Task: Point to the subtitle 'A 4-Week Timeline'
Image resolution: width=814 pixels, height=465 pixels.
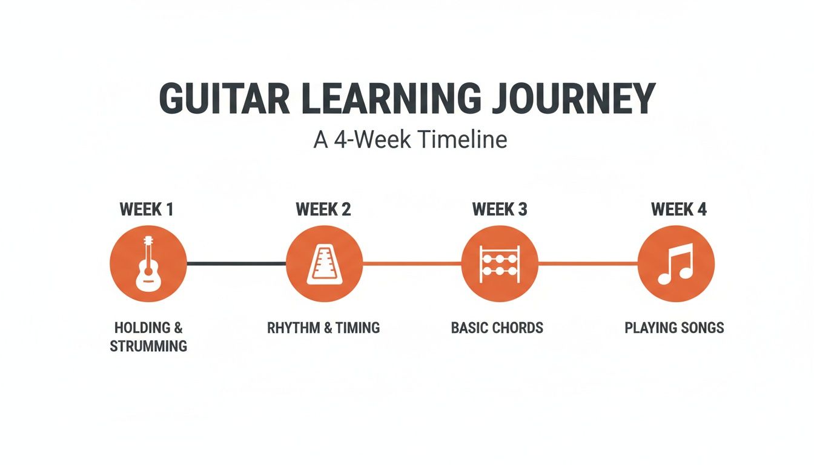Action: click(x=410, y=140)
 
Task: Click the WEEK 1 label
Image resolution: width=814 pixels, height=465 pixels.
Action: click(x=147, y=209)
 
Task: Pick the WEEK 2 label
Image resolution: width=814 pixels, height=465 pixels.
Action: click(x=323, y=209)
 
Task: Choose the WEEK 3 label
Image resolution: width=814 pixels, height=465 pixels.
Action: click(x=500, y=209)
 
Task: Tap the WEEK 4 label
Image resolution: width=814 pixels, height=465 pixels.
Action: click(x=678, y=209)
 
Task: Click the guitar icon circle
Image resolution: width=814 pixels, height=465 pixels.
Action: click(x=148, y=264)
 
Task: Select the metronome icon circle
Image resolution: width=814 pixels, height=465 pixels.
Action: click(x=323, y=264)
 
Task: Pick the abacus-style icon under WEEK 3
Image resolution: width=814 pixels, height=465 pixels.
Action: click(x=500, y=264)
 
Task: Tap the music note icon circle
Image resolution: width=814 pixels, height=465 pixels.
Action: click(x=676, y=264)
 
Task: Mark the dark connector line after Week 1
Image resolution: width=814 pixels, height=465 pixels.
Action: click(x=236, y=263)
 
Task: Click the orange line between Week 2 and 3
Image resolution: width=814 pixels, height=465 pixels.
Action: click(x=412, y=263)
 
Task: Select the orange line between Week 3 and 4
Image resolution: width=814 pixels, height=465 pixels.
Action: click(x=587, y=263)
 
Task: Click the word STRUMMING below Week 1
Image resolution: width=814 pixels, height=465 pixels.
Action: click(x=148, y=347)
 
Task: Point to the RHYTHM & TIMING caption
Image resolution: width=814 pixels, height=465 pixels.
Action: click(x=323, y=328)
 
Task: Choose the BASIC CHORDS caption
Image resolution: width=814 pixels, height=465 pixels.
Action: click(x=497, y=328)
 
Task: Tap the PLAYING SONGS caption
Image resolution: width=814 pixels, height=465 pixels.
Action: click(x=674, y=328)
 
